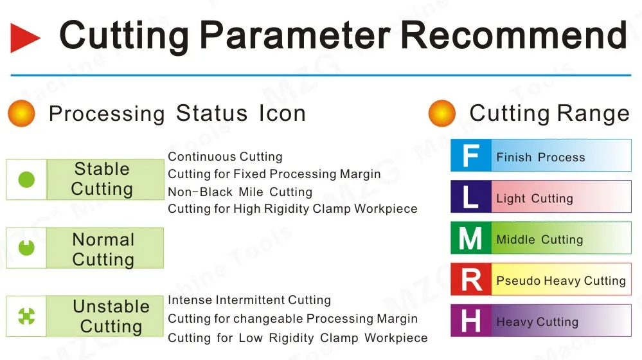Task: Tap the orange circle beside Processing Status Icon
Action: coord(21,114)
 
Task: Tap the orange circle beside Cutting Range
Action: coord(441,114)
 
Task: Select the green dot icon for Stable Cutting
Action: coord(26,179)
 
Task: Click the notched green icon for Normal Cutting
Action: coord(26,248)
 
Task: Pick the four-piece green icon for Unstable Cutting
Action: coord(26,316)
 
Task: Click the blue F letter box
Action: coord(470,156)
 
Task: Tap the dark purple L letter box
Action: coord(470,197)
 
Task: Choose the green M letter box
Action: coord(470,239)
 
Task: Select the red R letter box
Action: coord(470,280)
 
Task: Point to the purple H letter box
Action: coord(470,321)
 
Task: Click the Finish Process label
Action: coord(540,157)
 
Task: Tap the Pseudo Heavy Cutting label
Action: coord(560,281)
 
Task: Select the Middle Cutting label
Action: coord(539,240)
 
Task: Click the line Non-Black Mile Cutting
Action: coord(240,192)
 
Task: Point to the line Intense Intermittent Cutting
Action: coord(249,300)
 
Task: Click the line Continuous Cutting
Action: coord(225,157)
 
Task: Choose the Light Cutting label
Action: coord(534,199)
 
